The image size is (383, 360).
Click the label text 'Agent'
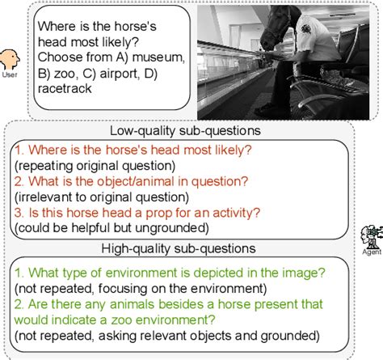point(372,252)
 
